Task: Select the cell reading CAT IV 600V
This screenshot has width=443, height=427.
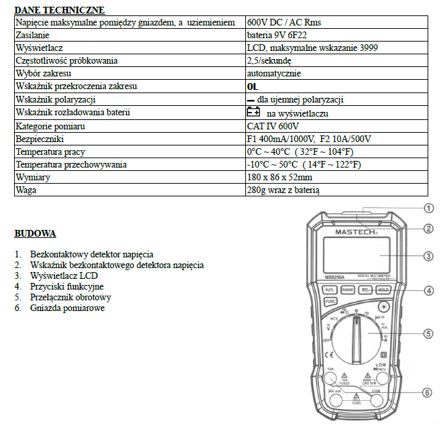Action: click(273, 126)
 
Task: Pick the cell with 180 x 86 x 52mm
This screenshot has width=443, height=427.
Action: click(279, 177)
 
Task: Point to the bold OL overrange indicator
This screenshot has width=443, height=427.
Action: click(252, 86)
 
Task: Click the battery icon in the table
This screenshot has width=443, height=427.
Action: click(253, 113)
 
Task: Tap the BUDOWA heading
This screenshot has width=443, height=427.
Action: click(35, 234)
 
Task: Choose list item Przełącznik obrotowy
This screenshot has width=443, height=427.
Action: click(70, 297)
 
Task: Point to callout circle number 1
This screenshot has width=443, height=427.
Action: click(429, 207)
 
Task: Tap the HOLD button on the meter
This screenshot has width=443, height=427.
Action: click(383, 290)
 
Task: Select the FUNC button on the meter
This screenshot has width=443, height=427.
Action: click(331, 302)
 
